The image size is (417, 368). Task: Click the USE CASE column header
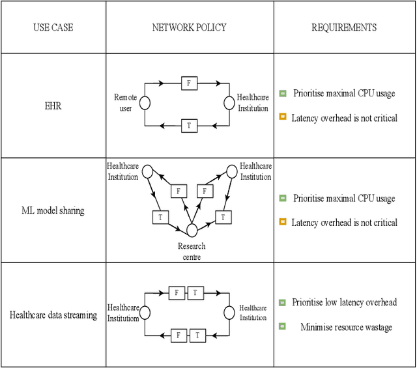tap(53, 28)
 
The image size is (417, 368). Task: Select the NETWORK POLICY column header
tap(190, 28)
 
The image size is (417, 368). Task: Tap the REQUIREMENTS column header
tap(343, 28)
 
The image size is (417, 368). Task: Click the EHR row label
tap(53, 106)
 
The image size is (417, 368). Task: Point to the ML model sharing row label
tap(53, 210)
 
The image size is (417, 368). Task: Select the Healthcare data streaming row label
tap(53, 315)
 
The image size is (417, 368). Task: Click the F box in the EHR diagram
tap(189, 83)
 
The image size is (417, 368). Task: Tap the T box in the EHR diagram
tap(189, 126)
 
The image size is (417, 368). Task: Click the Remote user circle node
tap(145, 104)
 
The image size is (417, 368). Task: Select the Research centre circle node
tap(192, 230)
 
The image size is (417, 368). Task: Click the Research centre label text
tap(192, 251)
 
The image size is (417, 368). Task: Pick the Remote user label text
tap(125, 102)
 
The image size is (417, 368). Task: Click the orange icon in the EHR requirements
tap(282, 118)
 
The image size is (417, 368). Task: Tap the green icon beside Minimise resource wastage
tap(282, 327)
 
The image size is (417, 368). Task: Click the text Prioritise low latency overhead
tap(345, 302)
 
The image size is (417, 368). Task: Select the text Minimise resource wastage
tap(346, 327)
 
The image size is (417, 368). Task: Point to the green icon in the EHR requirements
tap(282, 93)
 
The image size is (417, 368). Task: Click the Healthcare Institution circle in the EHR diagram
tap(229, 104)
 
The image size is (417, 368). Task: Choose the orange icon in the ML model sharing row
tap(282, 223)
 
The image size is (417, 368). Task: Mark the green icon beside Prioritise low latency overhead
tap(282, 302)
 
